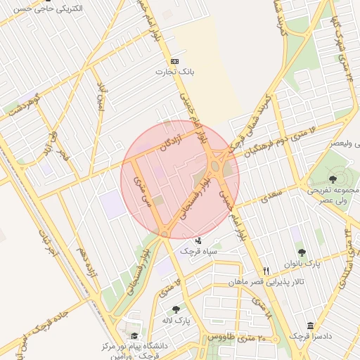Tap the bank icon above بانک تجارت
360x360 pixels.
pos(174,61)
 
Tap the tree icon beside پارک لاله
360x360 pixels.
pos(176,309)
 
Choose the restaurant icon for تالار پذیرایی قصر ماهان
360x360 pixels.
pos(266,271)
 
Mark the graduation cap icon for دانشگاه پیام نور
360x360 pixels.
pos(134,336)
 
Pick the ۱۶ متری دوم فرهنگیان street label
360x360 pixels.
pos(280,133)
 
